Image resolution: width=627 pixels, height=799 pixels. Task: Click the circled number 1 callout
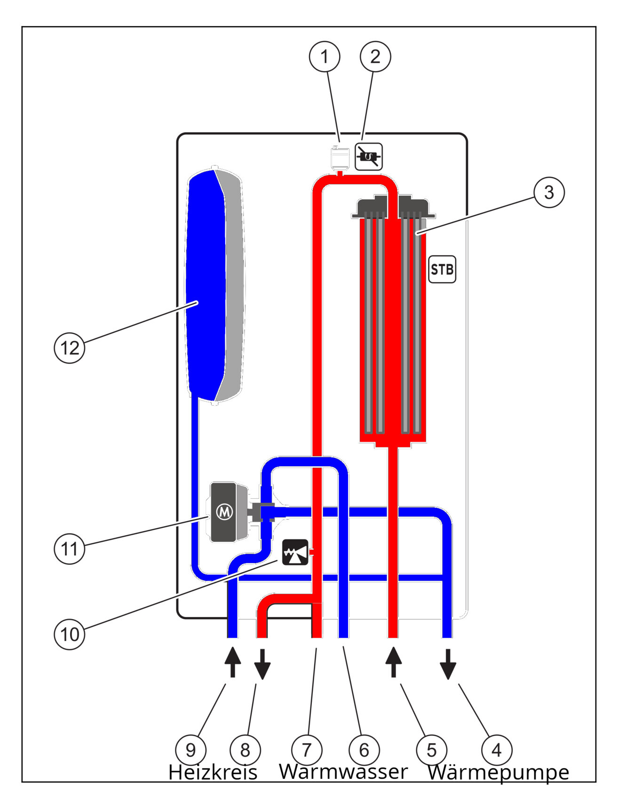tap(325, 57)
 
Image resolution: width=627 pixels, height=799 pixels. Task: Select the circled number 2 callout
tap(375, 57)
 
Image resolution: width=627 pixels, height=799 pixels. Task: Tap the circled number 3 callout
tap(549, 192)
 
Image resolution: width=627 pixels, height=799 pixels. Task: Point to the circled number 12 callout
tap(70, 348)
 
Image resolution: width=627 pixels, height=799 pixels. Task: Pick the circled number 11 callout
tap(70, 548)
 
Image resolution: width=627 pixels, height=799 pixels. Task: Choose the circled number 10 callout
tap(70, 634)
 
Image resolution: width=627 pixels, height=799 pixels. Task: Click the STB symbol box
tap(442, 269)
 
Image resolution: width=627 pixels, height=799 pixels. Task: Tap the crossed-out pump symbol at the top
tap(369, 157)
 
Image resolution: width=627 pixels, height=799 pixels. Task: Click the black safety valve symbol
tap(295, 552)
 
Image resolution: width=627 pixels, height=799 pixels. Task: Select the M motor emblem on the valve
tap(224, 512)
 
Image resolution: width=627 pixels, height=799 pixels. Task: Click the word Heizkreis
tap(213, 772)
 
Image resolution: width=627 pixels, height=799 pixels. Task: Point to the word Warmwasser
tap(343, 771)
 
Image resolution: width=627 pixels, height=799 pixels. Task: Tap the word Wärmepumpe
tap(498, 772)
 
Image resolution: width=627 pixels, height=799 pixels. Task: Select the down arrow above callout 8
tap(262, 664)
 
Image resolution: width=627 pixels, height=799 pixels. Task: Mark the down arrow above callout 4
tap(448, 664)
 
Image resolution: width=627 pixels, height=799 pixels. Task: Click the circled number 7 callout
tap(307, 750)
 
